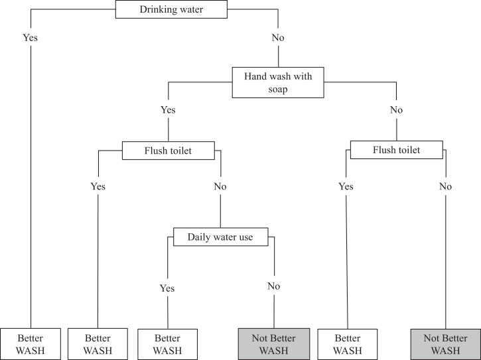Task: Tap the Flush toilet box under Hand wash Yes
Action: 167,150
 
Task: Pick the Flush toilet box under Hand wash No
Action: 395,150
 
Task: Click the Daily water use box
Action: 220,237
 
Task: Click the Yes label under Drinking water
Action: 31,37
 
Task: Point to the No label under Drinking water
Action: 278,38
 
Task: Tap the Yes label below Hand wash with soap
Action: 167,109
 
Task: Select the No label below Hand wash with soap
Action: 396,109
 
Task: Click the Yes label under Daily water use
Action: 167,288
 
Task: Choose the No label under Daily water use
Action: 274,286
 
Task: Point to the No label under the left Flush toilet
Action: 220,186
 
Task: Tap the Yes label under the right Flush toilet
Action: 346,186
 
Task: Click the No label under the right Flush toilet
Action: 445,186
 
